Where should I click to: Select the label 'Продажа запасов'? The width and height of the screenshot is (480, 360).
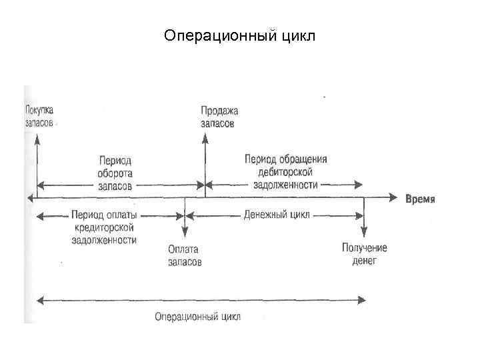(219, 117)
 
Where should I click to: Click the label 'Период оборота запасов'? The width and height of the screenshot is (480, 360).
(115, 173)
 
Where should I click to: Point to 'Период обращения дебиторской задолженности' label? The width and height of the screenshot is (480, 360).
(286, 172)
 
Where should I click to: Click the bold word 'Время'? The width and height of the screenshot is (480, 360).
(421, 199)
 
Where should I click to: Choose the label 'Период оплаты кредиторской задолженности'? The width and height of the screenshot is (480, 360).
(104, 227)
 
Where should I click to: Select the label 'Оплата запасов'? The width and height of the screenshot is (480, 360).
(185, 255)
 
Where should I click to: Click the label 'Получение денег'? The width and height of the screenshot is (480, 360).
(364, 254)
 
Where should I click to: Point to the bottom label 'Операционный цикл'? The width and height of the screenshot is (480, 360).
(197, 316)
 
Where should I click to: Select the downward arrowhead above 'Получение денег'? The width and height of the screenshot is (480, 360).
(364, 233)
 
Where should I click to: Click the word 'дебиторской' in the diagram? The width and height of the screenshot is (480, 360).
(286, 172)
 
